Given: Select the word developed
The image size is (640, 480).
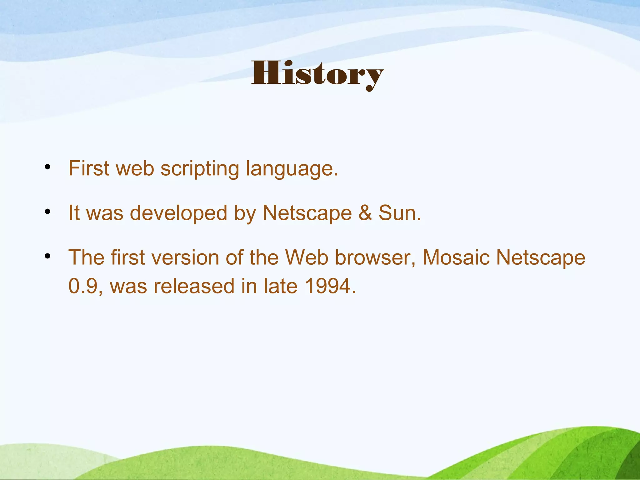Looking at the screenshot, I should pyautogui.click(x=178, y=213).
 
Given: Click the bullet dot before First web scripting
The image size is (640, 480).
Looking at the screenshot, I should pyautogui.click(x=47, y=167).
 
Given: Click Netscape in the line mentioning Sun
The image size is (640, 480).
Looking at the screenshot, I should pyautogui.click(x=307, y=213).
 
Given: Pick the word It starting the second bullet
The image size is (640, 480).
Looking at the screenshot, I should pyautogui.click(x=74, y=213).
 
